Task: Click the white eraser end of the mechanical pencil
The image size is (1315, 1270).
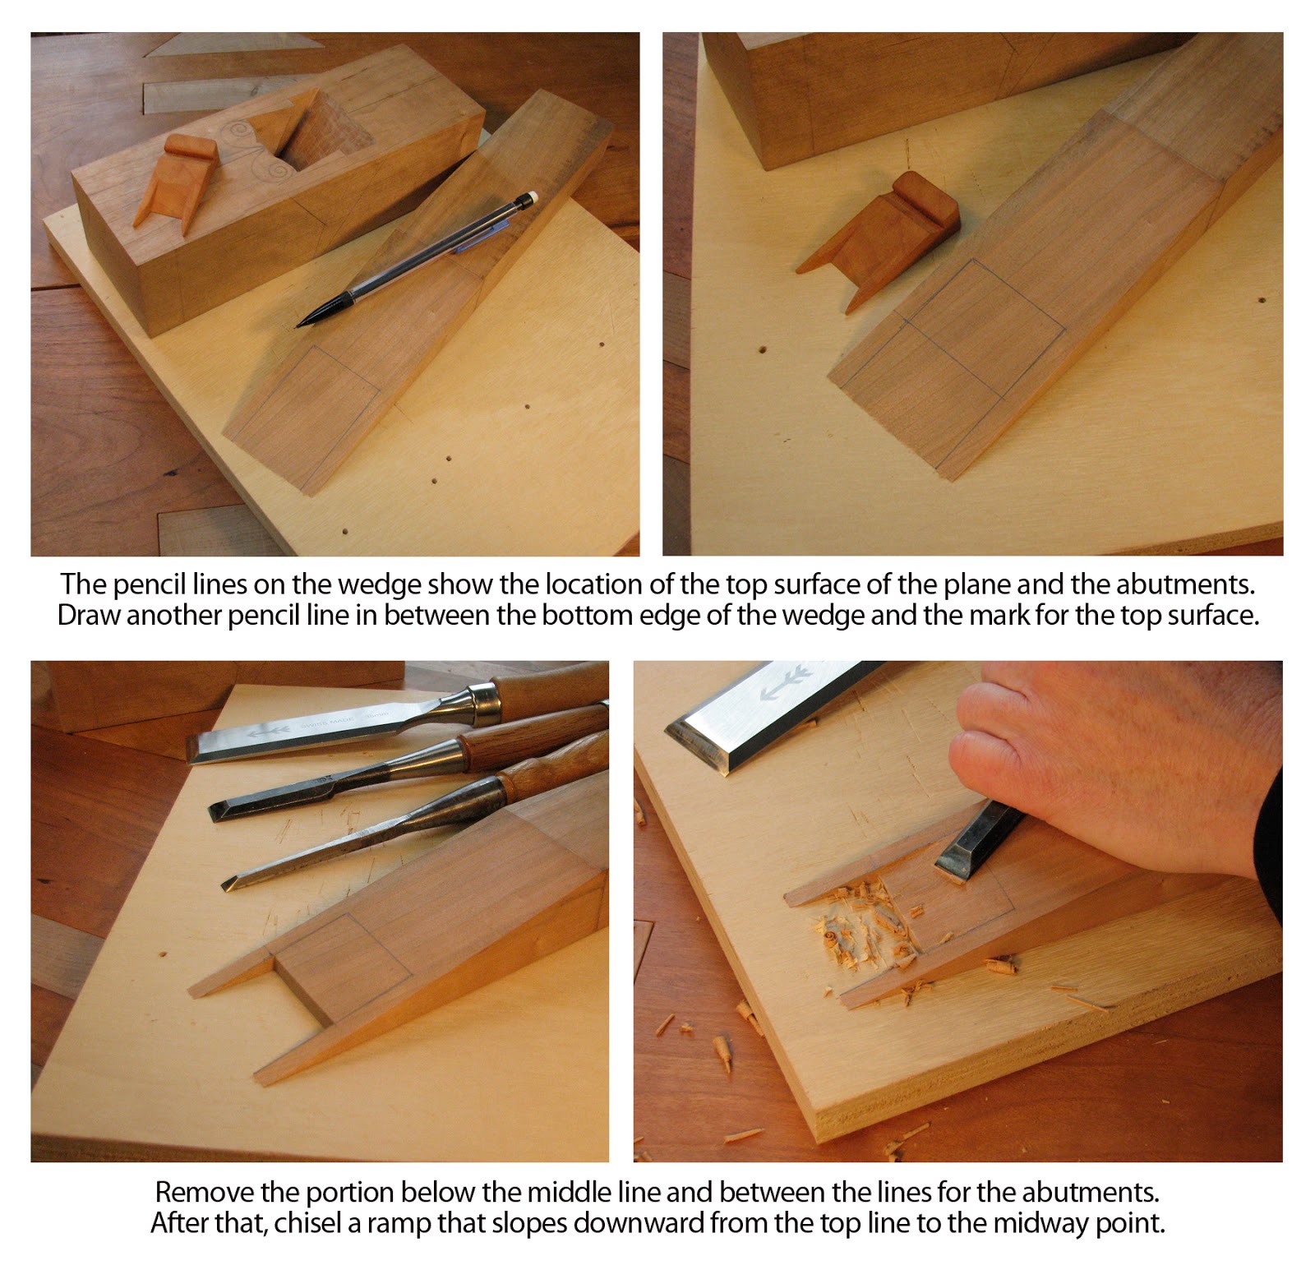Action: pos(531,196)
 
